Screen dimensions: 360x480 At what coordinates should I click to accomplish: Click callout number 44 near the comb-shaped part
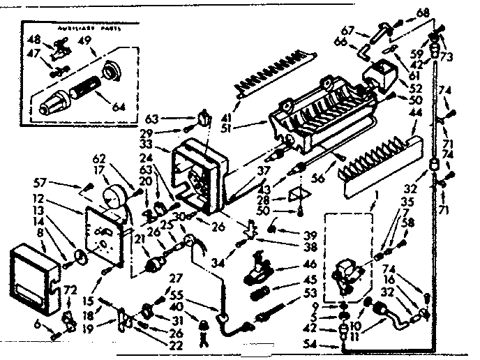415,111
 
